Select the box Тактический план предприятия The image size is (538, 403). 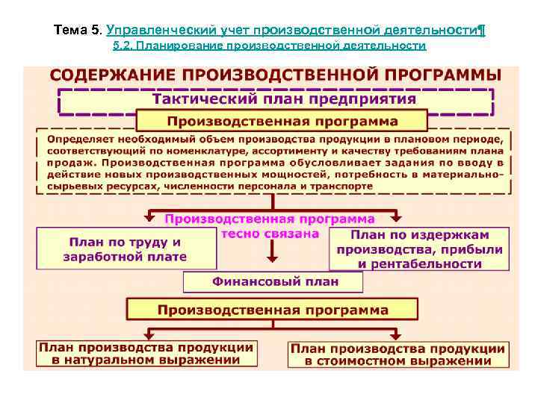(x=284, y=99)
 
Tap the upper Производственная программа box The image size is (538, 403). (x=282, y=122)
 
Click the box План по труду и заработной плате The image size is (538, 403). (x=125, y=249)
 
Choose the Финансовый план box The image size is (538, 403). (x=274, y=282)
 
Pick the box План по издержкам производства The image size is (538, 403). (x=418, y=249)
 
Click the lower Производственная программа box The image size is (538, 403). (x=272, y=309)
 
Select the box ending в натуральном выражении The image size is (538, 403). (x=146, y=354)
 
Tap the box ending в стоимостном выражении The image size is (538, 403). (x=398, y=354)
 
